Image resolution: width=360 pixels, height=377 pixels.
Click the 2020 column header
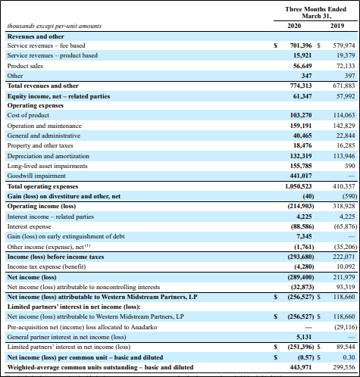[294, 26]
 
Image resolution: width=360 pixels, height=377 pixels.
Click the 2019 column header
[337, 26]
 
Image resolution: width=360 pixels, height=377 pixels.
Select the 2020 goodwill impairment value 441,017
[301, 176]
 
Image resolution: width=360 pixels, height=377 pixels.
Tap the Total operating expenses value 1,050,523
[298, 186]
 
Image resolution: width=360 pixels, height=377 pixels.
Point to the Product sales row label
[25, 66]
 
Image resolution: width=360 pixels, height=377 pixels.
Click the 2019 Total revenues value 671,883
[344, 86]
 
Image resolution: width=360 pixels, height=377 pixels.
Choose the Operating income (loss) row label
[42, 206]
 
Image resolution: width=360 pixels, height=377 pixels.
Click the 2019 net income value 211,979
[344, 277]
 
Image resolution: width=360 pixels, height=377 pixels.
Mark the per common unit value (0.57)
[305, 357]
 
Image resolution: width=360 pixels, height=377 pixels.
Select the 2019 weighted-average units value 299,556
[344, 367]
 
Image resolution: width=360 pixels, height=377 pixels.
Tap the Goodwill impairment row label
[36, 176]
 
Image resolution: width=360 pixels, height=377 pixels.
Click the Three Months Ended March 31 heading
[315, 13]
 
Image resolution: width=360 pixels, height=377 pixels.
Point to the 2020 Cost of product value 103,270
[301, 115]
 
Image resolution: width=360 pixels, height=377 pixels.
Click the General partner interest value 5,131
[304, 337]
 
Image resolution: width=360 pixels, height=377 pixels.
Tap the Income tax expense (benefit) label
[46, 266]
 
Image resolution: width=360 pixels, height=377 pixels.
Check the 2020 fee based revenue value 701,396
[301, 45]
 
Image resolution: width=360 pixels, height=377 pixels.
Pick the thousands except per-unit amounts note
[55, 26]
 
